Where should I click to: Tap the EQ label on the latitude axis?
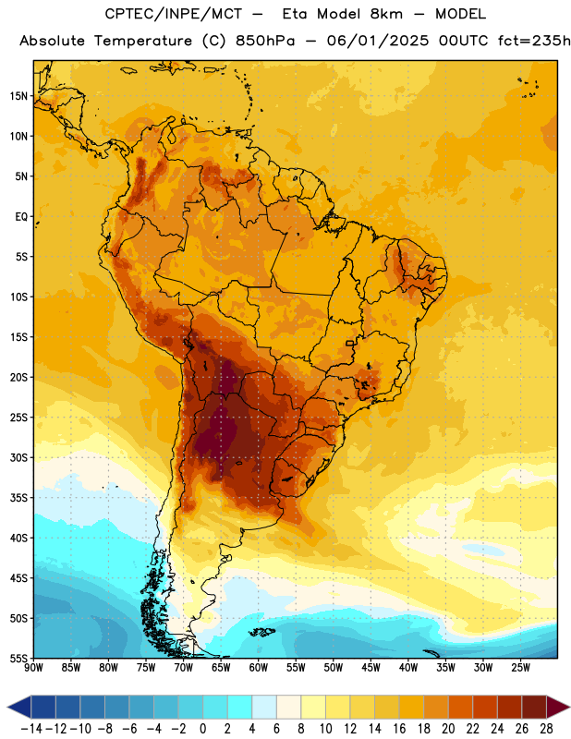21,217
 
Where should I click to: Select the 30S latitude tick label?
19,457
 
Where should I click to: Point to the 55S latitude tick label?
19,659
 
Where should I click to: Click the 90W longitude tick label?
34,668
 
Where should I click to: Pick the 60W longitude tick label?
259,668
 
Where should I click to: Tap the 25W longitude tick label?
520,668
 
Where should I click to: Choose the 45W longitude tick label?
371,668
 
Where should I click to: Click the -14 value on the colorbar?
31,729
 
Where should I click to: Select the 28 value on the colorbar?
546,729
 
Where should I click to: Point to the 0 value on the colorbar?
202,729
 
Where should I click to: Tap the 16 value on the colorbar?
399,729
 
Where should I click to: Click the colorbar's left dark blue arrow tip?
7,707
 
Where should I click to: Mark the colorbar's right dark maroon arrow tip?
569,707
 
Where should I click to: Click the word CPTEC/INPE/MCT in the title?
174,14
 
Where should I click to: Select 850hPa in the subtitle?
265,41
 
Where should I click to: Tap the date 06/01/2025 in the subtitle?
378,41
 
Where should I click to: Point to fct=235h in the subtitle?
534,41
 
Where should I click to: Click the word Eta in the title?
296,14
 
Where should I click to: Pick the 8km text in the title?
386,14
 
